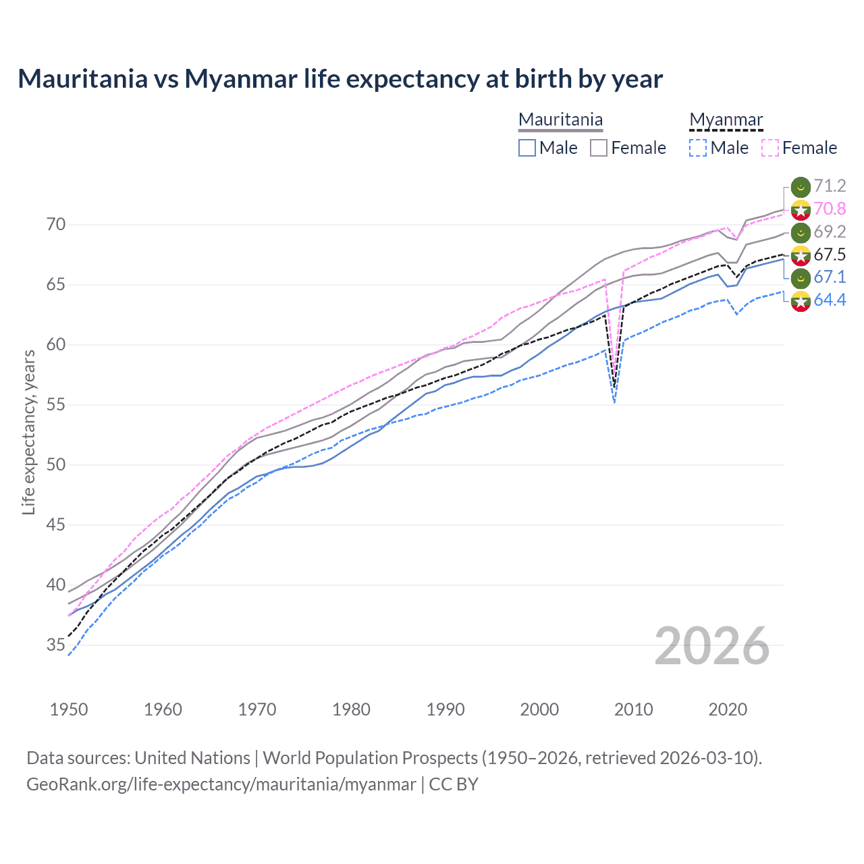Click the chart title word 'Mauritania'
[82, 79]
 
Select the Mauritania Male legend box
[527, 148]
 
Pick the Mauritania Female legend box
[599, 148]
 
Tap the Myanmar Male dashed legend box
[698, 148]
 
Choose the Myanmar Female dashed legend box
[770, 148]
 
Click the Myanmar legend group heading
[726, 120]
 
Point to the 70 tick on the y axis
[56, 224]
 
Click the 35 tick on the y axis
[56, 645]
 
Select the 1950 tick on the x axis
[69, 709]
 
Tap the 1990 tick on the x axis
[446, 709]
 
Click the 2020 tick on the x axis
[728, 709]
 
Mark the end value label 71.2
[830, 186]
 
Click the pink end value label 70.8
[830, 209]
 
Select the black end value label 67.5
[830, 254]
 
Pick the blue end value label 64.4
[830, 300]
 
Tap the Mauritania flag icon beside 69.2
[801, 232]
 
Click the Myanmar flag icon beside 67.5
[801, 255]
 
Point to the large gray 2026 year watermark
[712, 646]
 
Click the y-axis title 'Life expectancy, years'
[28, 432]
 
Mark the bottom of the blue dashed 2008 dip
[614, 403]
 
